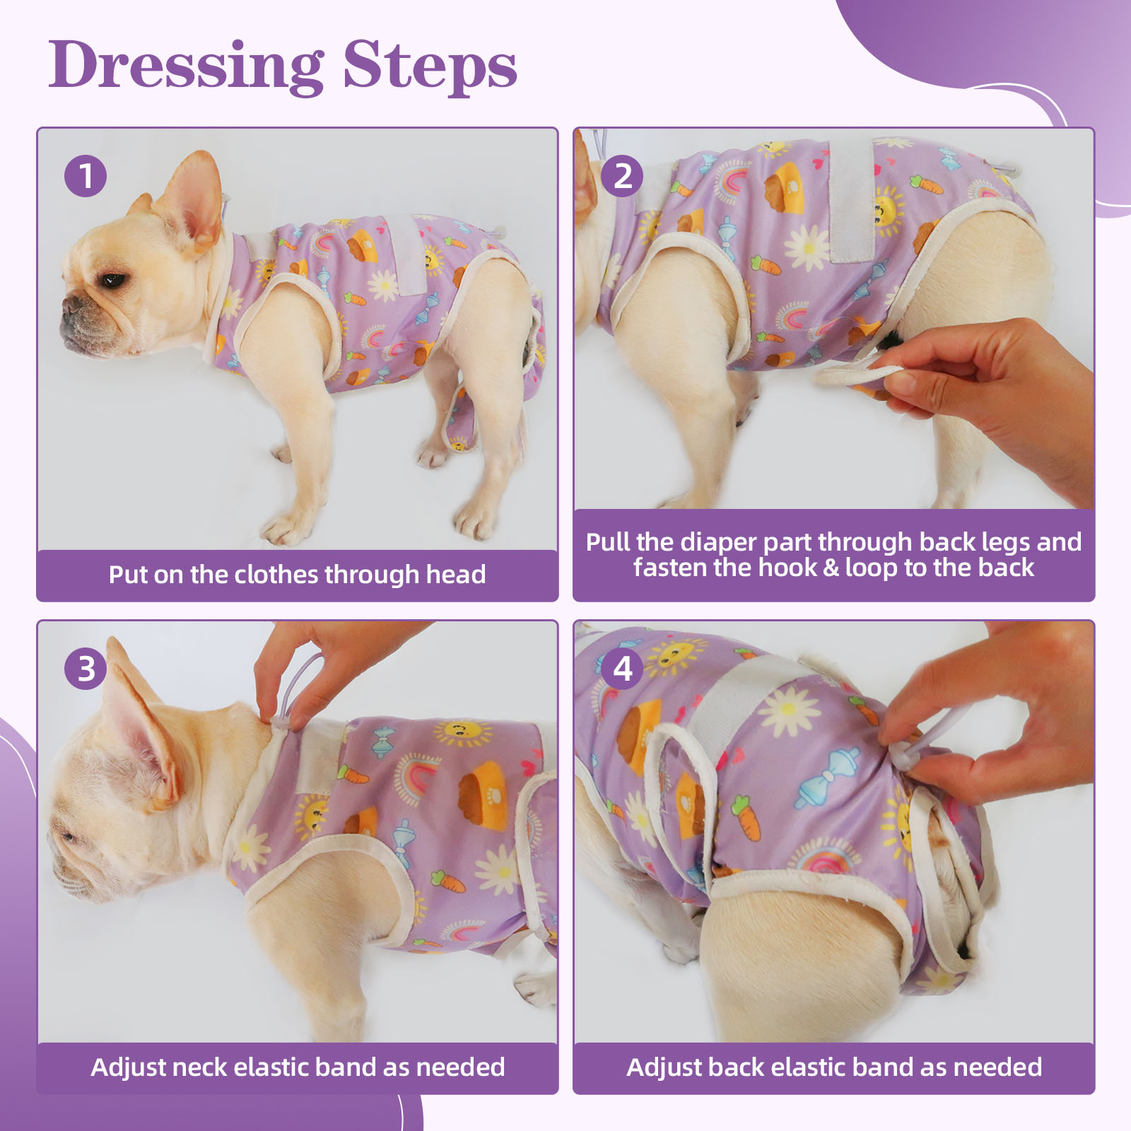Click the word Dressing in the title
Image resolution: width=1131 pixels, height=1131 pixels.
click(186, 66)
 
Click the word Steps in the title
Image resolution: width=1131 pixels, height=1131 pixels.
click(430, 66)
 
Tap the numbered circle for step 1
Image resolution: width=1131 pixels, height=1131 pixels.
click(86, 175)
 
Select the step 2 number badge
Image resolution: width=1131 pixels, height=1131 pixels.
click(622, 175)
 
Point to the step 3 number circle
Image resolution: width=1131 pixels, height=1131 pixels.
click(86, 668)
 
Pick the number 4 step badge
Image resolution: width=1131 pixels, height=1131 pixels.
click(622, 668)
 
